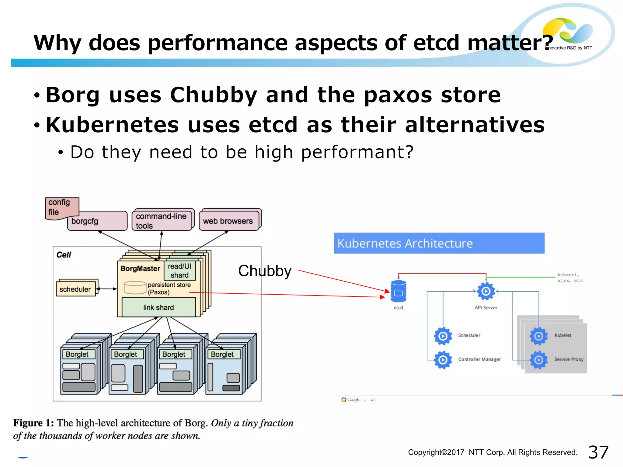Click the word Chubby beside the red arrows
[265, 271]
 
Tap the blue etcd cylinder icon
[398, 291]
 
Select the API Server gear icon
[486, 291]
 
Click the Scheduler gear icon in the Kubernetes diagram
[443, 336]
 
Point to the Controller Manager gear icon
[443, 360]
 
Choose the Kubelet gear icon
[538, 336]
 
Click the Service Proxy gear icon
[538, 360]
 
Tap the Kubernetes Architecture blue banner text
[405, 244]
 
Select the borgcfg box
[97, 221]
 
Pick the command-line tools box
[162, 221]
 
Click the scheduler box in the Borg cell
[75, 289]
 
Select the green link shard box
[158, 307]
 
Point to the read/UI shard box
[179, 271]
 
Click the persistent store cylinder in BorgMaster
[135, 288]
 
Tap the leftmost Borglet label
[77, 354]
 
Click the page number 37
[598, 452]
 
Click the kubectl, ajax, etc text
[570, 278]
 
